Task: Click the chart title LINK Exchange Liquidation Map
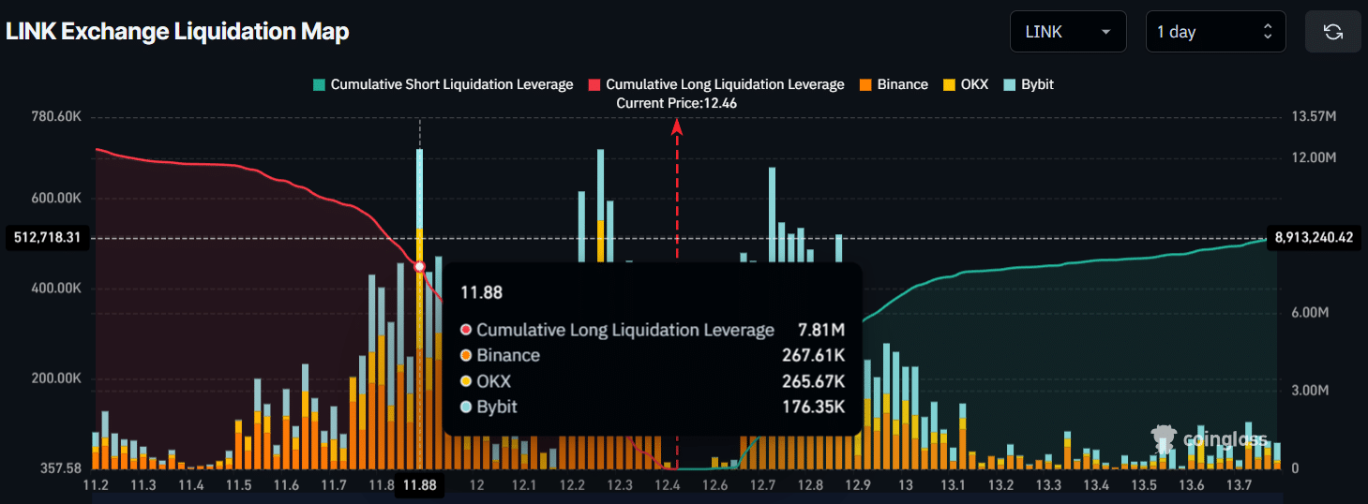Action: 177,31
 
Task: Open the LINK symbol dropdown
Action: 1067,32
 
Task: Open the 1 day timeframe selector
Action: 1215,32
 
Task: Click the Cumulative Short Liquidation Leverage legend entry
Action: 443,84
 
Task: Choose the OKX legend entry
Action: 965,84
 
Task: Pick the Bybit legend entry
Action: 1029,84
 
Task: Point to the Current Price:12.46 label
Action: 676,103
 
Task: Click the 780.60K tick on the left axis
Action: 56,117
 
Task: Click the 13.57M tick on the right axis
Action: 1313,117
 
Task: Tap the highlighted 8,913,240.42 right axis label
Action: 1314,238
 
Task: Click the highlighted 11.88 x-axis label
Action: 419,484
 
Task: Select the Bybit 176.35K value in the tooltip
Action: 814,407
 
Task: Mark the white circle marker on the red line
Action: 419,267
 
